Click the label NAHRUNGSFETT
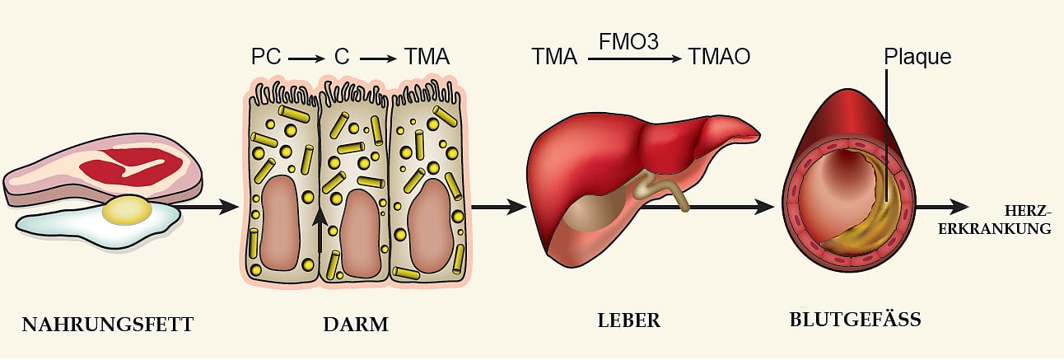coord(107,325)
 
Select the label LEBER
coord(628,320)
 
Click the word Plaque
coord(917,57)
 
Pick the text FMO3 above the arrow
coord(628,42)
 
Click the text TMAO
coord(721,58)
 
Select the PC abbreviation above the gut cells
coord(266,58)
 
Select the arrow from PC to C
coord(306,58)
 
